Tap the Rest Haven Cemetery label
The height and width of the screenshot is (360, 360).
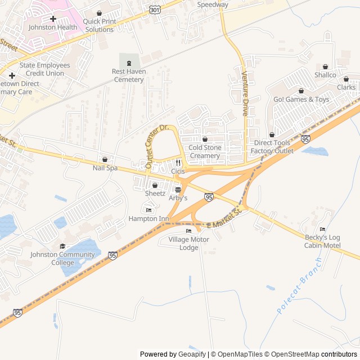[128, 75]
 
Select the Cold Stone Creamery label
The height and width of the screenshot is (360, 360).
[205, 151]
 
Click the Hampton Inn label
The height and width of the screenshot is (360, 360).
[148, 218]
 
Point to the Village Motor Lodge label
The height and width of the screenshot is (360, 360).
[188, 243]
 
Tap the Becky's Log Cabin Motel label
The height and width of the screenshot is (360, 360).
[322, 241]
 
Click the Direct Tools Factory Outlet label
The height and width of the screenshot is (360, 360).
[272, 147]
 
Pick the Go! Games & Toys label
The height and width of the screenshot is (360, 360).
[301, 100]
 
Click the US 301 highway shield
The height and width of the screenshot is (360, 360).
[155, 9]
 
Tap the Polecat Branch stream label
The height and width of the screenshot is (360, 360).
[299, 286]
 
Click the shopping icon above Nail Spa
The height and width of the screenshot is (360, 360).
[105, 159]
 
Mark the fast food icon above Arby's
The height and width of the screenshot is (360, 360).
[178, 190]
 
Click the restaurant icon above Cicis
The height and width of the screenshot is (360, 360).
[178, 163]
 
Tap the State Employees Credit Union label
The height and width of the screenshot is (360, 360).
[45, 69]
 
